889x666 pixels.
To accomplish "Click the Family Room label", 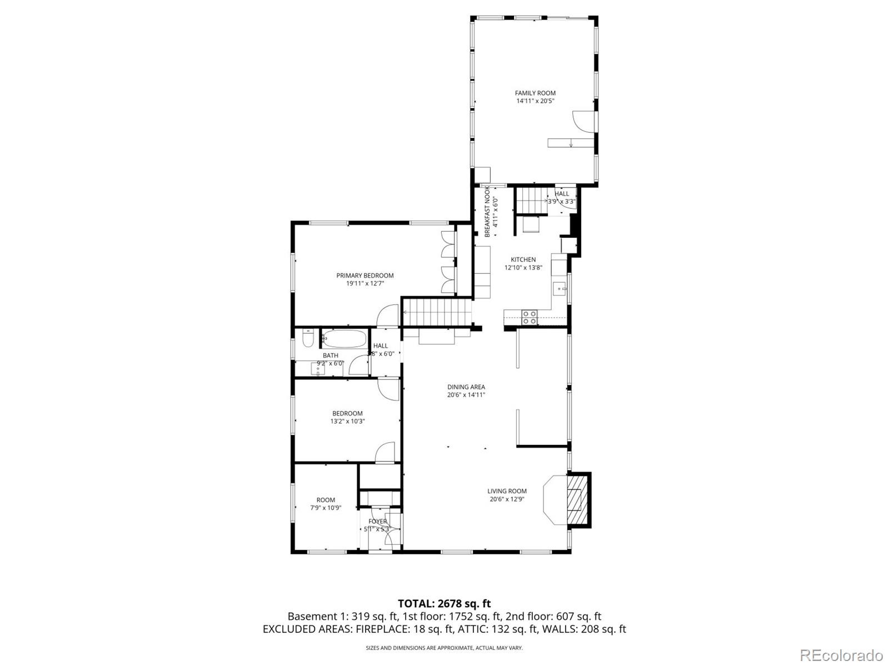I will (x=535, y=93).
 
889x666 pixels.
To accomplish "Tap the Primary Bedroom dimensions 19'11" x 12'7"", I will (x=365, y=283).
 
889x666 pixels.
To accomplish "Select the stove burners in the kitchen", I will (x=529, y=318).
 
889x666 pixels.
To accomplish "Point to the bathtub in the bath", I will (x=344, y=339).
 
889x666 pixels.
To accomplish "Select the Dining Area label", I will (x=466, y=387).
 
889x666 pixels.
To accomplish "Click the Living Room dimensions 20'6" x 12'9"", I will (x=507, y=499).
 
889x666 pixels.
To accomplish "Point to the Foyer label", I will (x=378, y=522).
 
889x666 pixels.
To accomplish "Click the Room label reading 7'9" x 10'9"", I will (x=326, y=500).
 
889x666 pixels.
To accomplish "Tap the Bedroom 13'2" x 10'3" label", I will (x=347, y=413).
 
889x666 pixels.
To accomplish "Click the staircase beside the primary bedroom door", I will (x=436, y=312).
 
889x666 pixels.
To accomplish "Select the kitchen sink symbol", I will (x=560, y=289).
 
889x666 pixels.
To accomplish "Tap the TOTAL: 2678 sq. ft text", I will (x=444, y=603).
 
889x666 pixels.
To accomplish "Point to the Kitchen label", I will (x=523, y=259).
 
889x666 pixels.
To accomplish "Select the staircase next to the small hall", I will (x=531, y=201).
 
